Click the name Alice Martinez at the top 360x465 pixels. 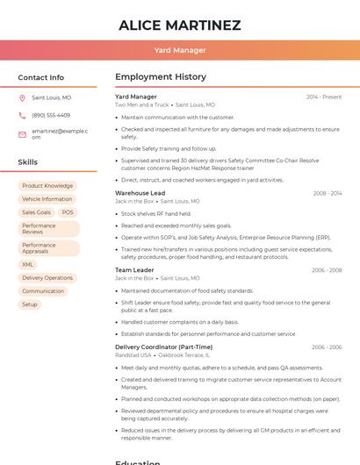coord(180,25)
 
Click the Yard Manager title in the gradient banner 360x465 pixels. coord(180,51)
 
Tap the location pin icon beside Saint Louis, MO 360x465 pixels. coord(22,98)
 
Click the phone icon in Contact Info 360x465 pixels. coord(22,116)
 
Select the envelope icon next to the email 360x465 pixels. coord(22,134)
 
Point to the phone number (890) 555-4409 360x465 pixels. coord(51,116)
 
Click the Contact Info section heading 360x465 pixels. coord(41,77)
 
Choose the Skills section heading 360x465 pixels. coord(28,162)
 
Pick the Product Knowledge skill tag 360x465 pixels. coord(47,186)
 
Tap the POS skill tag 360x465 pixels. coord(68,212)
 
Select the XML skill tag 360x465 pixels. coord(28,264)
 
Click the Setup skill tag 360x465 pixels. coord(30,304)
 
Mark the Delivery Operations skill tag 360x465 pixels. coord(47,278)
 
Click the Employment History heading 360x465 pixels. coord(161,77)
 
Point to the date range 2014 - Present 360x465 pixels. coord(323,97)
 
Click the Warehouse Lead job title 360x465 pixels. coord(140,193)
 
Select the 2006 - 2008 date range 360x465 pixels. coord(327,270)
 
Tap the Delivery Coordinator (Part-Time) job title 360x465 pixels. coord(163,347)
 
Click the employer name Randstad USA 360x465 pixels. coord(133,355)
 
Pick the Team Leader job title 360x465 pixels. coord(134,270)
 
